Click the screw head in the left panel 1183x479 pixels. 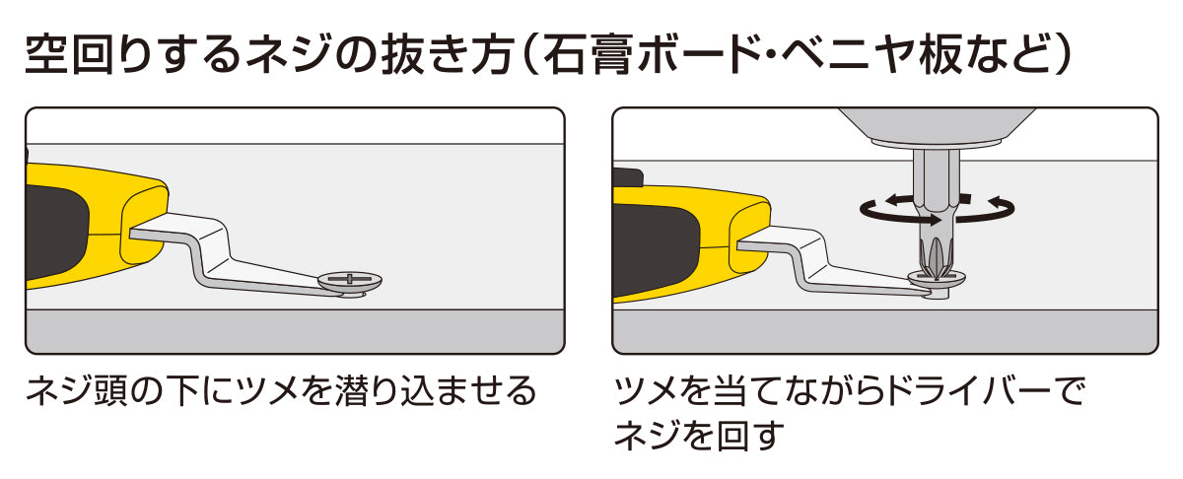tap(350, 282)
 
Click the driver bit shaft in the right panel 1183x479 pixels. tap(937, 211)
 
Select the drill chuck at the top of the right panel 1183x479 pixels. tap(937, 127)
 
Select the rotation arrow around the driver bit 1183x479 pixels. tap(937, 210)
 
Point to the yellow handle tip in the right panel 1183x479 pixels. tap(750, 238)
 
